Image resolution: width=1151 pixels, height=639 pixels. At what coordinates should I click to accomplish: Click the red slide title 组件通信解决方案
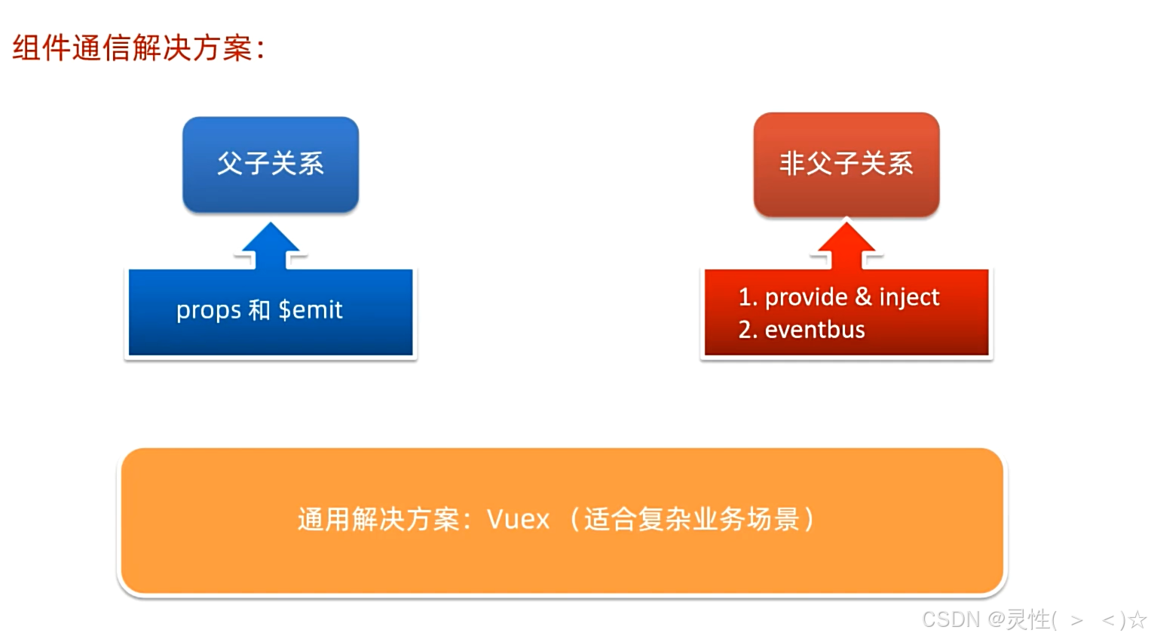coord(133,48)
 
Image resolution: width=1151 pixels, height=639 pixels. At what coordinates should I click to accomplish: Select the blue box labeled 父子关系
coord(271,164)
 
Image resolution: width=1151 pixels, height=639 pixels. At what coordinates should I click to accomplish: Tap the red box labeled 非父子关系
coord(846,164)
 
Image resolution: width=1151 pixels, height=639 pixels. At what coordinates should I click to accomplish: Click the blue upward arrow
coord(271,246)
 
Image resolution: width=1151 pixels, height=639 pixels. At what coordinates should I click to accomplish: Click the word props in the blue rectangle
coord(209,311)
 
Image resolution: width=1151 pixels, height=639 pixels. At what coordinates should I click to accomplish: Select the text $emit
coord(311,310)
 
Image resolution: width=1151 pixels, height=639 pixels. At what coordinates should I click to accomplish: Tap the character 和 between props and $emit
coord(259,310)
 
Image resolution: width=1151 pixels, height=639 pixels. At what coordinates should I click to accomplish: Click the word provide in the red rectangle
coord(807,297)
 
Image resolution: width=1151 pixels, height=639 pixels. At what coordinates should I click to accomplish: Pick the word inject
coord(909,298)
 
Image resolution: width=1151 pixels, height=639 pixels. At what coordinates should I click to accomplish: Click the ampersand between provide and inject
coord(863,296)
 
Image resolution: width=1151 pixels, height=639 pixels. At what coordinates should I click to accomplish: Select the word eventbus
coord(815,329)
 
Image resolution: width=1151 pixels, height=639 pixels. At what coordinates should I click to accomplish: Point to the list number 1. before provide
coord(748,296)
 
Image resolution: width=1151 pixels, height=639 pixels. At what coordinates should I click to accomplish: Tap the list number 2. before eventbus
coord(748,329)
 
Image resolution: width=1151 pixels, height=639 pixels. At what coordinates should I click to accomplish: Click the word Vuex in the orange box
coord(519,518)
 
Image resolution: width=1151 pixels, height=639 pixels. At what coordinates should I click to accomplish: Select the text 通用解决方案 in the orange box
coord(378,518)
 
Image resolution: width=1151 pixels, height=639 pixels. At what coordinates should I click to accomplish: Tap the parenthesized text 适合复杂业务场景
coord(692,518)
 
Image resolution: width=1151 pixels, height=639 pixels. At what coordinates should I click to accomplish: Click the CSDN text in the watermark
coord(951,619)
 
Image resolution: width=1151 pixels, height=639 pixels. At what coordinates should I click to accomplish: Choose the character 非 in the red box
coord(791,164)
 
